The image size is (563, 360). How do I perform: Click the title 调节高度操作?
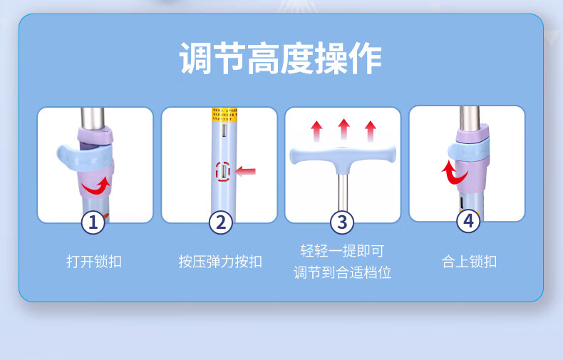(280, 58)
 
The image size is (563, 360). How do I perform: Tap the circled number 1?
(93, 222)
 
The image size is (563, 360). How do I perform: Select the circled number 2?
(221, 222)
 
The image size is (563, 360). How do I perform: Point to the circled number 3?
(342, 222)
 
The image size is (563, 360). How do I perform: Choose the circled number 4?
(468, 221)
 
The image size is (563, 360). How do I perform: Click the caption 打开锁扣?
(94, 262)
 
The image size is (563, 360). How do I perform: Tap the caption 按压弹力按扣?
(220, 262)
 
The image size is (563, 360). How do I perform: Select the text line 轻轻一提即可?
(342, 251)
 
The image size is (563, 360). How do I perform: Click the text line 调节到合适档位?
(342, 272)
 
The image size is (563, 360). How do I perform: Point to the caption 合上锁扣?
(470, 262)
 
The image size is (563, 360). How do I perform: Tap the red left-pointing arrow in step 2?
(246, 171)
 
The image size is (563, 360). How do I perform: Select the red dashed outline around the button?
(223, 170)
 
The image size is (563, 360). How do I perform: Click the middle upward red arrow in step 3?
(344, 129)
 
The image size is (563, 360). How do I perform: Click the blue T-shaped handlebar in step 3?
(343, 158)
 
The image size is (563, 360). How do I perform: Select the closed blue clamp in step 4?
(468, 151)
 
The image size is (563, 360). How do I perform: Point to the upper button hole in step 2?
(224, 130)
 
